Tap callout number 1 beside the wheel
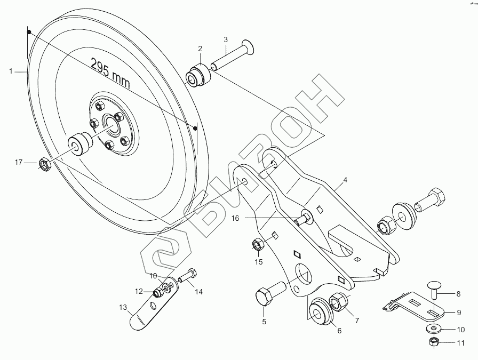pyautogui.click(x=10, y=71)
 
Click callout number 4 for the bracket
pyautogui.click(x=345, y=180)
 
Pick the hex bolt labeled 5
pyautogui.click(x=267, y=296)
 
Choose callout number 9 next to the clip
pyautogui.click(x=458, y=313)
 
